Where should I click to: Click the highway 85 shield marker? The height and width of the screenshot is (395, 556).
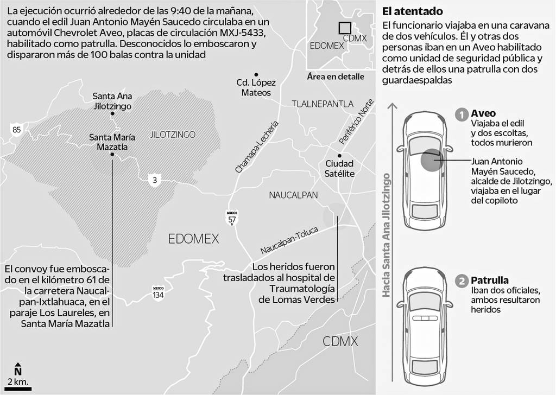17,129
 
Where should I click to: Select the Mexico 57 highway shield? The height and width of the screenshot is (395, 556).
232,218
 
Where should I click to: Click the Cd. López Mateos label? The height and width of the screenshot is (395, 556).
256,88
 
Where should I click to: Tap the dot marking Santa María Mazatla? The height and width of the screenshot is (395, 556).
112,155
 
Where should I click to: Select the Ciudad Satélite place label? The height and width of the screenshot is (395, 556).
339,168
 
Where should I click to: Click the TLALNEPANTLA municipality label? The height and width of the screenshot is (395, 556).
322,104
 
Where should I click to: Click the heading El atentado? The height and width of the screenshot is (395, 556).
412,11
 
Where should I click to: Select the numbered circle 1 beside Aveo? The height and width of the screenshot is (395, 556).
462,114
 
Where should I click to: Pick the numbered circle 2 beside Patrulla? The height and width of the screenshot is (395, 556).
462,281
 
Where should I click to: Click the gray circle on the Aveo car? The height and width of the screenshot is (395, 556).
431,161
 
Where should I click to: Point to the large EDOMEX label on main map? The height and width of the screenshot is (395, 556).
193,239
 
